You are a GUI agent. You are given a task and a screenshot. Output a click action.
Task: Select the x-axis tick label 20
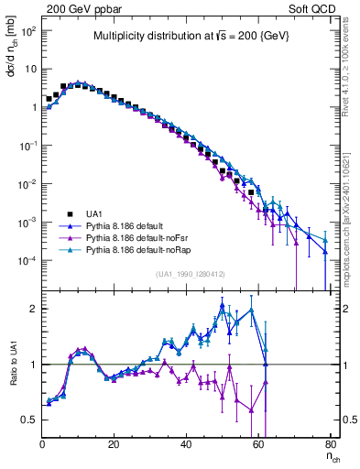pos(115,445)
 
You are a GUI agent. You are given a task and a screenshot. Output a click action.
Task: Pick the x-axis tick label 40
pos(186,445)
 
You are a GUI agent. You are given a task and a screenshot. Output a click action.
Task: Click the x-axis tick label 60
pos(258,445)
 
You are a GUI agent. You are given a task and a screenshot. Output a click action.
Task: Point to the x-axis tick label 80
pos(330,445)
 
